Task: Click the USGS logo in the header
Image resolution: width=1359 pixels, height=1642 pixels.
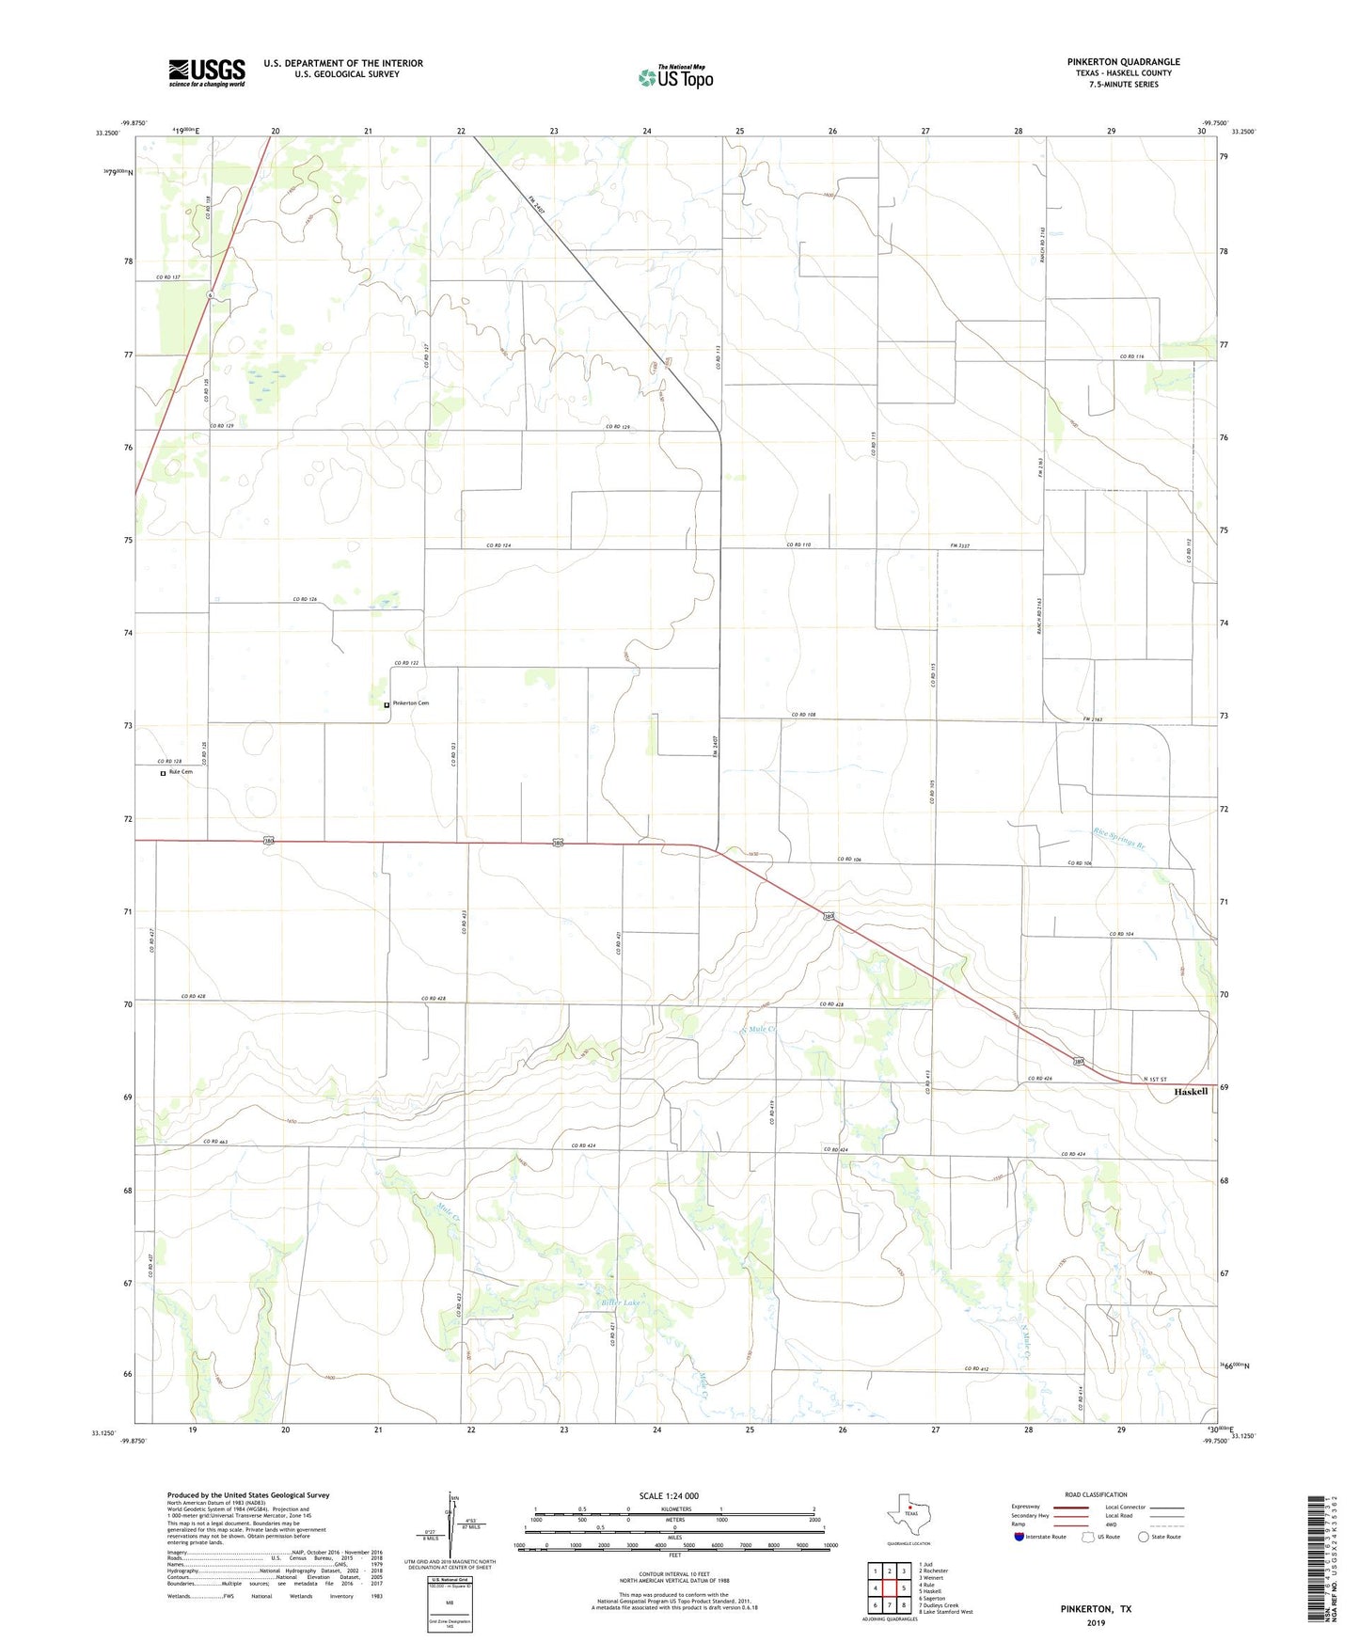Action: pyautogui.click(x=207, y=72)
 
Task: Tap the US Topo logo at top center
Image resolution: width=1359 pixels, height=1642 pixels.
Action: pyautogui.click(x=674, y=77)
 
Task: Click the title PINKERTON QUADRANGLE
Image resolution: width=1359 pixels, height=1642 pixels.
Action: pyautogui.click(x=1123, y=62)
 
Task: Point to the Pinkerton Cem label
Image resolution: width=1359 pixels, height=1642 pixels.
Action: pyautogui.click(x=411, y=703)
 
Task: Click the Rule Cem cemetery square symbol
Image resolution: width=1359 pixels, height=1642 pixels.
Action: pyautogui.click(x=163, y=773)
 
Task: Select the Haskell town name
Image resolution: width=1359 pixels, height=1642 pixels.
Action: pyautogui.click(x=1191, y=1092)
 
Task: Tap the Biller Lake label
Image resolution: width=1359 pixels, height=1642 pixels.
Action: pyautogui.click(x=621, y=1303)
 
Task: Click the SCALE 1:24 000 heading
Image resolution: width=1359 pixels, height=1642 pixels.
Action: pyautogui.click(x=668, y=1495)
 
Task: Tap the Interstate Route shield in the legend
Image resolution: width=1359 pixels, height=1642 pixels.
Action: pyautogui.click(x=1019, y=1537)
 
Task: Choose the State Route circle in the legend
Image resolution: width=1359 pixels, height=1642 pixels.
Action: pyautogui.click(x=1144, y=1537)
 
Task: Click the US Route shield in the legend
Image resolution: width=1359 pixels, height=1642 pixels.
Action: pyautogui.click(x=1088, y=1537)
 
